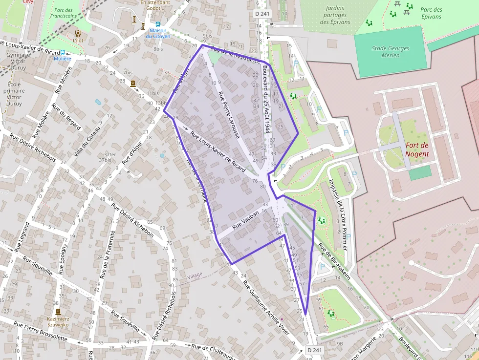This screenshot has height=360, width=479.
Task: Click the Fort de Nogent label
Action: click(x=417, y=149)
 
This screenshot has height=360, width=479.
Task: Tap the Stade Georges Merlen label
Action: click(x=391, y=52)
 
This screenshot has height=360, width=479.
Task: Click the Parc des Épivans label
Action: click(x=431, y=13)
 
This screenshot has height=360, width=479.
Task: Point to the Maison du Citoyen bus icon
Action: click(x=158, y=24)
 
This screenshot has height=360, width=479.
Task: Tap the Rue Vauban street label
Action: click(x=243, y=223)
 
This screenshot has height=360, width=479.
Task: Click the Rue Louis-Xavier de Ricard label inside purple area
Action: click(x=218, y=152)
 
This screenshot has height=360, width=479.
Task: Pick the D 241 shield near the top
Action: click(x=262, y=14)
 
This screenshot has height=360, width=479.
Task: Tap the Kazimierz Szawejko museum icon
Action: click(x=58, y=312)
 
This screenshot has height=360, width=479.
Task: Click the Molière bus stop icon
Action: click(x=63, y=52)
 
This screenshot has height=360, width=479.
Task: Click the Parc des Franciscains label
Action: click(x=64, y=13)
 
